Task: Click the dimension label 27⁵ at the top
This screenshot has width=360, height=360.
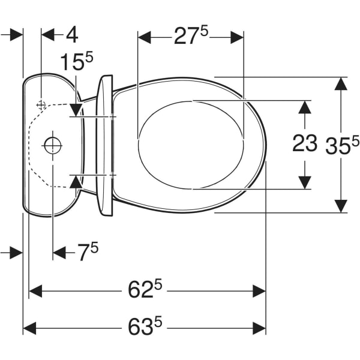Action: point(191,35)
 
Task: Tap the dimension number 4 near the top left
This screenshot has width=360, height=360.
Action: point(72,35)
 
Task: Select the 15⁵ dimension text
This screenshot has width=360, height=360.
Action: point(77,61)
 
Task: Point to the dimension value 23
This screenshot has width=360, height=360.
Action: point(305,143)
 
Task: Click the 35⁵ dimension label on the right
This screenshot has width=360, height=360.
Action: point(342,145)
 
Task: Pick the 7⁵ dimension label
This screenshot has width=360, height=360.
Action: point(88,252)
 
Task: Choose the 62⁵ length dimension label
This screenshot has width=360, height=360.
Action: point(145,288)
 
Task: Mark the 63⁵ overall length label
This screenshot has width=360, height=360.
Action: point(145,325)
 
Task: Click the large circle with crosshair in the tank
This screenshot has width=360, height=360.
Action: point(53,146)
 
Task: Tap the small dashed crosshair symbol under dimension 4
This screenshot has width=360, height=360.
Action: point(41,105)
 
